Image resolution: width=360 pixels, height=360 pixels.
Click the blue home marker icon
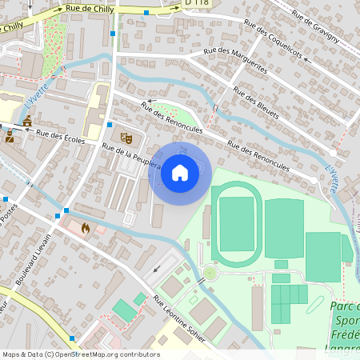[180, 172]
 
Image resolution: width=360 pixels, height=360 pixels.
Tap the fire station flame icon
[86, 228]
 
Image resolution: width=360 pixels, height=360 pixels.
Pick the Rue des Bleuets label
[256, 102]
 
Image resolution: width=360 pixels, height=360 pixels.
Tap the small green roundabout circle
[210, 273]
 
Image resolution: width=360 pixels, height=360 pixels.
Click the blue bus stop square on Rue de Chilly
[146, 13]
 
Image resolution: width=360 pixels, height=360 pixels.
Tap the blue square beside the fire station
[58, 215]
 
